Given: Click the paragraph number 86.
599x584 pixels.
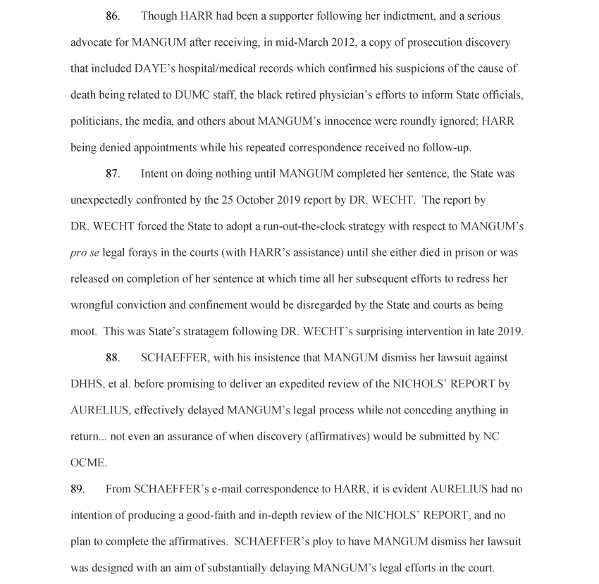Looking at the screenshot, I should [x=113, y=16].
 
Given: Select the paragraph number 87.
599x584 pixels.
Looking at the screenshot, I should [x=113, y=174].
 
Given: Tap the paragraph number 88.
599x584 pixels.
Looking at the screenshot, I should [x=113, y=358].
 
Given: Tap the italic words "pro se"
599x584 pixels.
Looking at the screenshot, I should [x=85, y=253].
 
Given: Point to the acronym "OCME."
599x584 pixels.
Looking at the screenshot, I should [x=89, y=463].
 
